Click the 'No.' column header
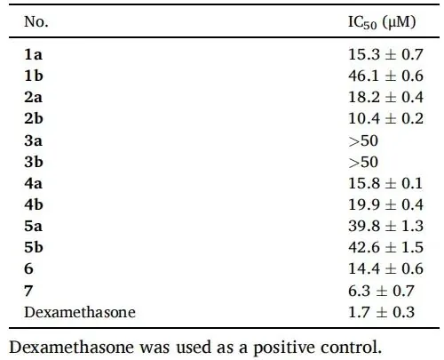coord(36,21)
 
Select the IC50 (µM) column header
coord(382,22)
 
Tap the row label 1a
coord(33,54)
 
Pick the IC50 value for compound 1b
coord(385,76)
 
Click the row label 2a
coord(33,97)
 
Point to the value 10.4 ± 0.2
coord(385,118)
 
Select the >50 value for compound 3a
coord(363,140)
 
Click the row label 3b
coord(34,162)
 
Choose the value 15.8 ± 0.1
coord(385,183)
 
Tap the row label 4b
coord(34,204)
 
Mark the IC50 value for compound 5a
coord(385,226)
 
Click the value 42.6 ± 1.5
coord(385,247)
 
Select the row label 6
coord(28,268)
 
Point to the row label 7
coord(28,291)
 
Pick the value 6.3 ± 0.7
coord(381,291)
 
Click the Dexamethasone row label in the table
coord(80,312)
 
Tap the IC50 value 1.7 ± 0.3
coord(381,312)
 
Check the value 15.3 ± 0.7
coord(385,54)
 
